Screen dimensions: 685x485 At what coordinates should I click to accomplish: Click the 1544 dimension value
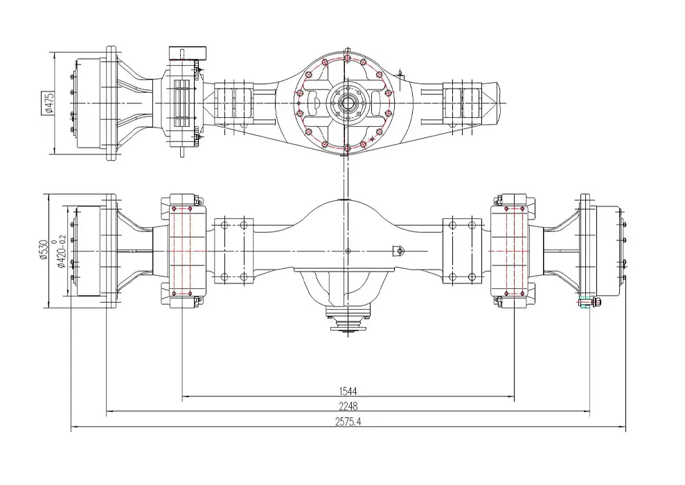(348, 391)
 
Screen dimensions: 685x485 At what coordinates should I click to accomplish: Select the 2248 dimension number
(348, 406)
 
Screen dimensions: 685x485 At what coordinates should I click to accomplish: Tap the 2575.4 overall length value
(348, 422)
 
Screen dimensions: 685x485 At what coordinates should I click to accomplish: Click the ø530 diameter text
(43, 249)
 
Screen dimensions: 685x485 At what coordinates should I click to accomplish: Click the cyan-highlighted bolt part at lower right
(584, 302)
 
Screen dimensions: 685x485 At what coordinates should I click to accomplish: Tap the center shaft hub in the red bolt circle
(347, 103)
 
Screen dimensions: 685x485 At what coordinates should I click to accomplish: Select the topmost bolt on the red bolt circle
(347, 58)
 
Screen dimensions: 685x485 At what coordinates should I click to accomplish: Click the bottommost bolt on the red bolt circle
(347, 149)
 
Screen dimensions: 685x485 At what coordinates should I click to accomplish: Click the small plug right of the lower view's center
(399, 251)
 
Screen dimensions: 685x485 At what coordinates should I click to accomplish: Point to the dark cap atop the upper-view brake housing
(188, 53)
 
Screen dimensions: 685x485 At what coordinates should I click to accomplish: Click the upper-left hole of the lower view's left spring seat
(224, 225)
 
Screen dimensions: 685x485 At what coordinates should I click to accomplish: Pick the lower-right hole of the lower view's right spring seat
(472, 276)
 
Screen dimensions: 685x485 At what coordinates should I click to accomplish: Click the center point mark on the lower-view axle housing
(348, 252)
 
